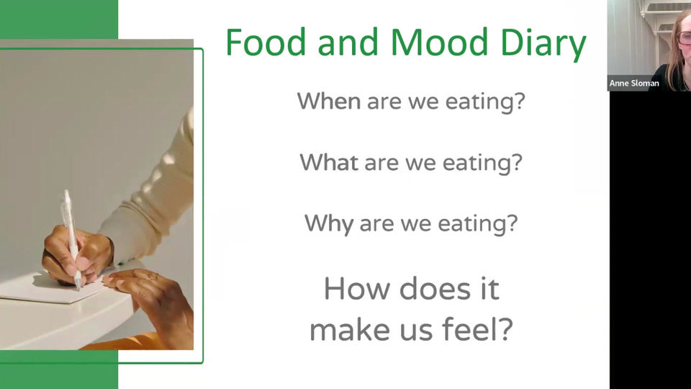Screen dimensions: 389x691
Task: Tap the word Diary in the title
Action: click(x=546, y=43)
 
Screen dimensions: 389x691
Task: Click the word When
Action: click(x=329, y=101)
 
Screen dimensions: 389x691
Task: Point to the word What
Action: click(x=329, y=162)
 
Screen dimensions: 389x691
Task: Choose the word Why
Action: click(x=329, y=223)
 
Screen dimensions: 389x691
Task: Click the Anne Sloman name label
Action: click(x=634, y=84)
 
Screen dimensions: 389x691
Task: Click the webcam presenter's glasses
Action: click(x=683, y=37)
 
